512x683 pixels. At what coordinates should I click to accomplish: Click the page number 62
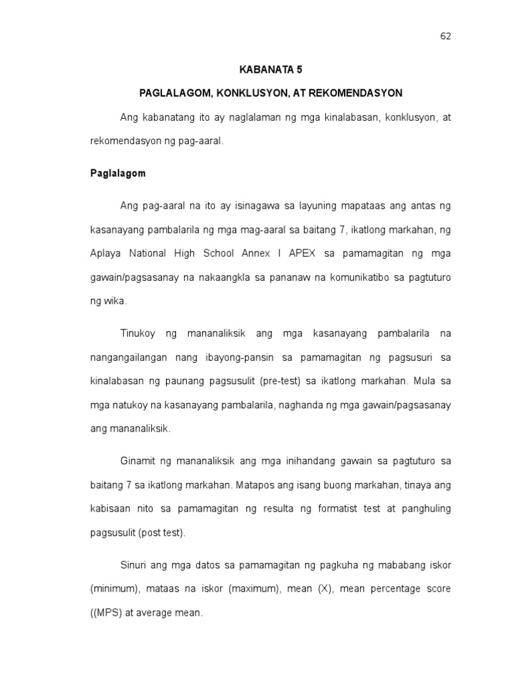click(445, 36)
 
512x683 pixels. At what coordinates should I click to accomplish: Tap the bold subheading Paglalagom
click(118, 173)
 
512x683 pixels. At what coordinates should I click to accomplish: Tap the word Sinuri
click(134, 564)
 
